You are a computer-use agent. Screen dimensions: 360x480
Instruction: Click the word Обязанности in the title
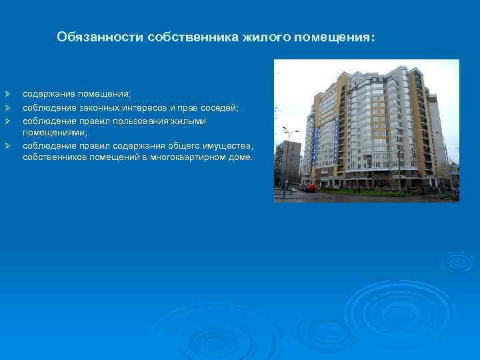tap(89, 37)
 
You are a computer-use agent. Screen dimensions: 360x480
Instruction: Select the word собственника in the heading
tap(177, 37)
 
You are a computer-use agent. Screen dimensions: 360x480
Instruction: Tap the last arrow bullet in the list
tap(7, 145)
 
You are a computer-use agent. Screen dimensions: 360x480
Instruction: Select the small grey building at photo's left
tap(288, 163)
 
